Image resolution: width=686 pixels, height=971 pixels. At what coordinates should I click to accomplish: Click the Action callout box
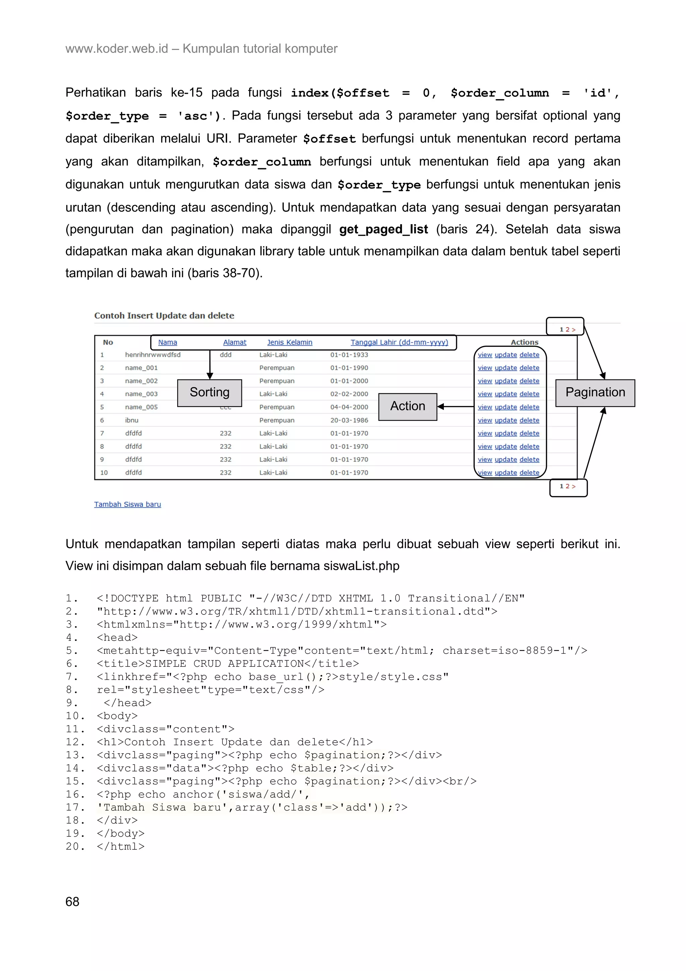[x=407, y=406]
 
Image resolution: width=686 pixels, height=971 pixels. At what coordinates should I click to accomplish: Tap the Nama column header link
[x=167, y=342]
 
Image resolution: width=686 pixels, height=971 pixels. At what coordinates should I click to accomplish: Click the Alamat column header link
[x=234, y=342]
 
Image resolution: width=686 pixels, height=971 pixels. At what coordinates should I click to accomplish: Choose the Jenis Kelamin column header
[x=289, y=342]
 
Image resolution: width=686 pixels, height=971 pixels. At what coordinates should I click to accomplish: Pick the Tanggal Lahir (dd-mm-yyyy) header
[x=399, y=342]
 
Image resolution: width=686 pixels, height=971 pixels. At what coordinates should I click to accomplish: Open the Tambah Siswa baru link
[x=127, y=504]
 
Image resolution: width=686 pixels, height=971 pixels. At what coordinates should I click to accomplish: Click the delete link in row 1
[x=529, y=355]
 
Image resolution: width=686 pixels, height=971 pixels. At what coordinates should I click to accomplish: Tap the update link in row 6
[x=505, y=420]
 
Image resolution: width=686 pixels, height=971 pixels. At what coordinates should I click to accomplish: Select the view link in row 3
[x=485, y=381]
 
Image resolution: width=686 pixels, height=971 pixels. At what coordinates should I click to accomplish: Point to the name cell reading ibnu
[x=131, y=420]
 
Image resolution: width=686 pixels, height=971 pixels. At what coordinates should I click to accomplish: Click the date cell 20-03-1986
[x=349, y=420]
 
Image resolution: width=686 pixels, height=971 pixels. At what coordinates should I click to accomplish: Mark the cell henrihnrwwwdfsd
[x=153, y=355]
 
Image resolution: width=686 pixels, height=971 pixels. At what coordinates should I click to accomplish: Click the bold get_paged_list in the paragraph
[x=384, y=229]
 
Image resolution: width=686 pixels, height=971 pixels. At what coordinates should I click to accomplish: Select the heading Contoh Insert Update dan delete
[x=164, y=316]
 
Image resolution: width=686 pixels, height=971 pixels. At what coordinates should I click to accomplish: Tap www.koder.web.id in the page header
[x=117, y=49]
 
